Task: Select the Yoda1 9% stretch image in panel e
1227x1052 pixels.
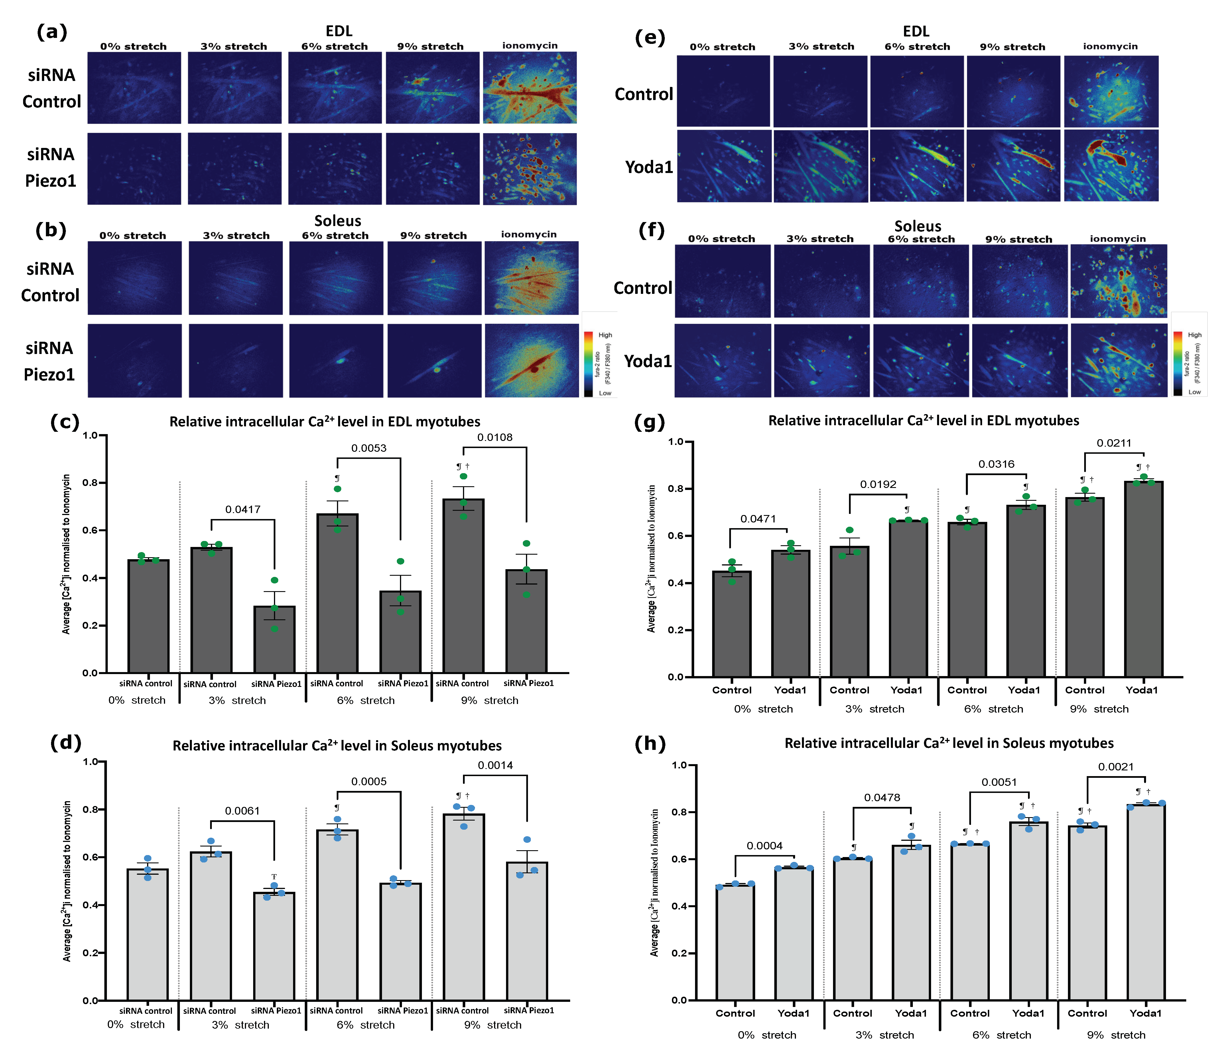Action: click(x=1013, y=166)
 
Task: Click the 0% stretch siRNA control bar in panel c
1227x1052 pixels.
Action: click(x=148, y=616)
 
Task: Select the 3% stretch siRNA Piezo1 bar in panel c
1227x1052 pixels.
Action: click(x=274, y=639)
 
